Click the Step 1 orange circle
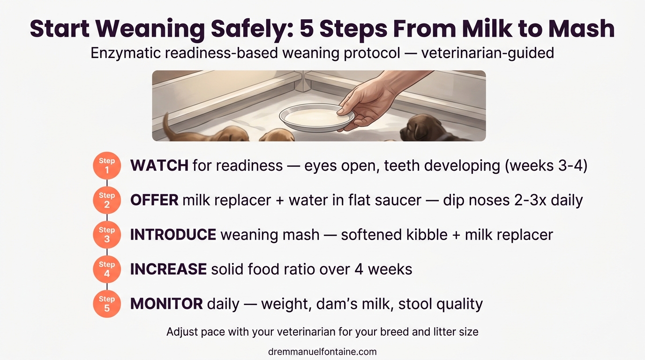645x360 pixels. (x=107, y=166)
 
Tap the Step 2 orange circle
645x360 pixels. (x=107, y=200)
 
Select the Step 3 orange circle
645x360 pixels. (x=107, y=234)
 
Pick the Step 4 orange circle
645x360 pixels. (x=107, y=269)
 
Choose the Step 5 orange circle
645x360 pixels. (x=107, y=303)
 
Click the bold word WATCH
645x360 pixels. (x=159, y=165)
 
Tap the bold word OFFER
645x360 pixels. (x=154, y=200)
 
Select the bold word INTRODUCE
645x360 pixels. (x=173, y=234)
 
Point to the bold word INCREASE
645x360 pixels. (x=168, y=269)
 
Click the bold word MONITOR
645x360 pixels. (x=166, y=304)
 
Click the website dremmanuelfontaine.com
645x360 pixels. (x=322, y=352)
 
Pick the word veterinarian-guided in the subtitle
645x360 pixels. (x=487, y=53)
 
